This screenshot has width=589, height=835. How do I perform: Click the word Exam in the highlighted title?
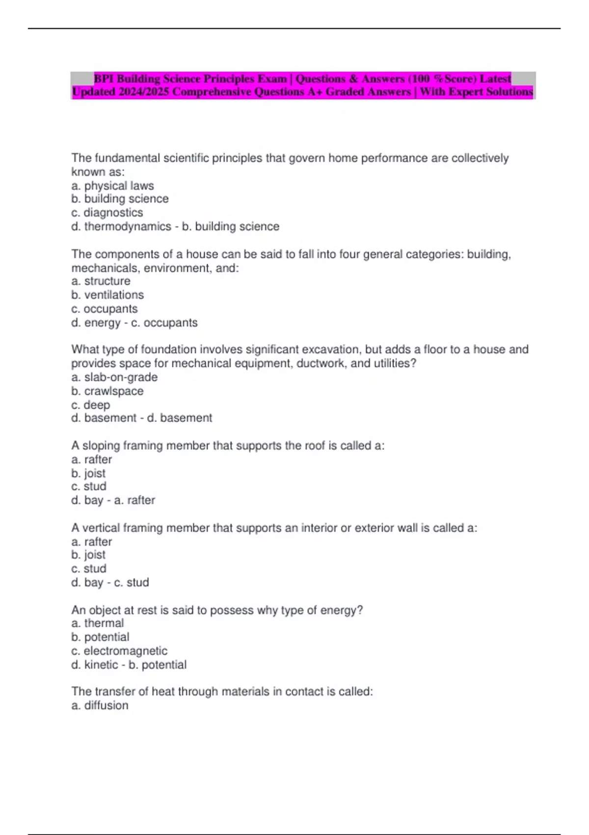[272, 79]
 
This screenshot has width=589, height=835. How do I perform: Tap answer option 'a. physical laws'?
[112, 186]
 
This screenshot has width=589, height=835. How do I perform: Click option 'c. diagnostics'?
[107, 213]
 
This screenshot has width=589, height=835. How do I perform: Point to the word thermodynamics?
[128, 226]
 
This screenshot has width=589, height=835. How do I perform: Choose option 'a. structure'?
[101, 281]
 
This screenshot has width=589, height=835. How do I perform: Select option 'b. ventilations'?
[107, 295]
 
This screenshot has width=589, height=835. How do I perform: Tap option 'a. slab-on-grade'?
[114, 377]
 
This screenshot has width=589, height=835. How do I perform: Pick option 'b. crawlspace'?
[107, 391]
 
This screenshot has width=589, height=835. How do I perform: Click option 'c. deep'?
[91, 405]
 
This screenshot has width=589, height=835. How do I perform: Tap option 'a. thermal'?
[97, 623]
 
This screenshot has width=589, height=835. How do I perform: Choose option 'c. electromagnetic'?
[119, 651]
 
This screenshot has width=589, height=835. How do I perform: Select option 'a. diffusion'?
[100, 705]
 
